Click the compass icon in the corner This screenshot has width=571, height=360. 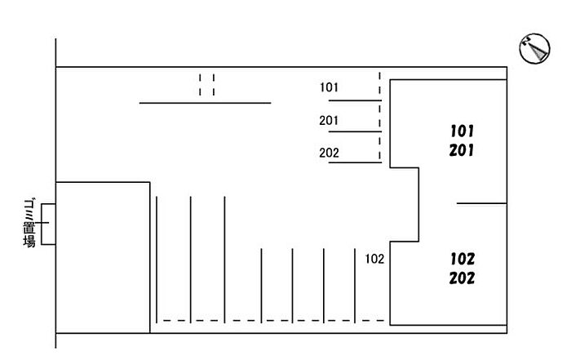click(535, 50)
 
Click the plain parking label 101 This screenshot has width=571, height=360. click(330, 87)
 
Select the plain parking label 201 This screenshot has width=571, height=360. click(330, 121)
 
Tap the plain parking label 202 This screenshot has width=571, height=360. click(330, 153)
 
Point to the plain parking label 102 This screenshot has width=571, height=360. click(375, 260)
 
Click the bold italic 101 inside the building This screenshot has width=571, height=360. click(462, 131)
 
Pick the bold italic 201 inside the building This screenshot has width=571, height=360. click(462, 150)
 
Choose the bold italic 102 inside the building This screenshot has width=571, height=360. click(462, 259)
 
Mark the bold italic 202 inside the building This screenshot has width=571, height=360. click(462, 278)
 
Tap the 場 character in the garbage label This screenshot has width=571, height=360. click(29, 241)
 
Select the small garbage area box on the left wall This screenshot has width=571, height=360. click(47, 224)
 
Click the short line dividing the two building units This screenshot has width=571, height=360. click(481, 203)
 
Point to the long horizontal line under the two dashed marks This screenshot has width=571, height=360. click(205, 103)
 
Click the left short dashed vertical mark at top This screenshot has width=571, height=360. click(201, 85)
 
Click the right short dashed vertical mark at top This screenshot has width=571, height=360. click(214, 85)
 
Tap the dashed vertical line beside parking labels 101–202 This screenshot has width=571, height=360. click(379, 117)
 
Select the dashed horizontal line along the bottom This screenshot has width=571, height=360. click(269, 320)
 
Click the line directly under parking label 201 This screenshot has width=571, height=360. click(354, 131)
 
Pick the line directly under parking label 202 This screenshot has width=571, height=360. click(354, 162)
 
